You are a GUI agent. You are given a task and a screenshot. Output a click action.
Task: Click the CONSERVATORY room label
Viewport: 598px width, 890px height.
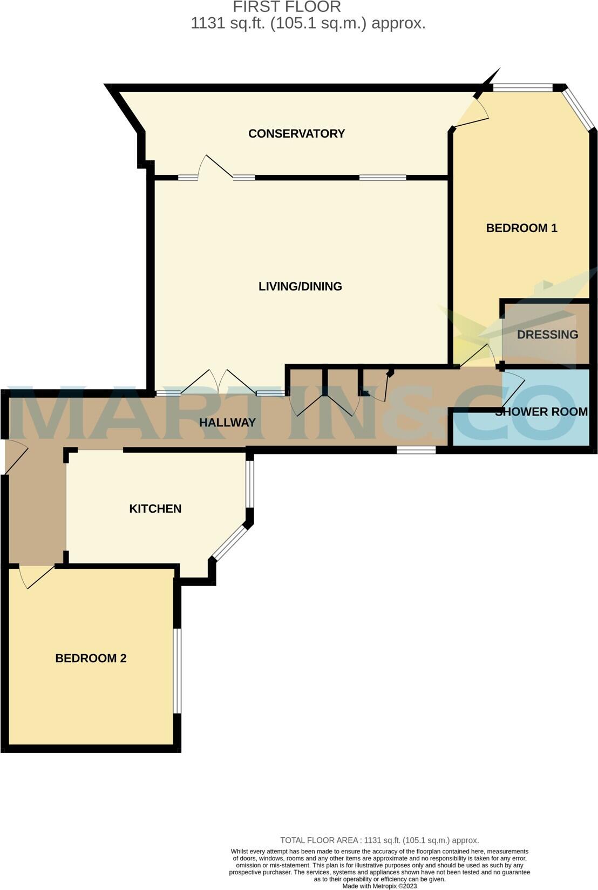pos(296,133)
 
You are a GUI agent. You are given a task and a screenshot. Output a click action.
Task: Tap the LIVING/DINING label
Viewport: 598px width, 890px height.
pos(300,287)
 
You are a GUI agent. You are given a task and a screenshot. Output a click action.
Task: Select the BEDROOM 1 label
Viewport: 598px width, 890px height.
pos(521,228)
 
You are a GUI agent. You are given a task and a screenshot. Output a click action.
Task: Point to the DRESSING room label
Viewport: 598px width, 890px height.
pos(547,335)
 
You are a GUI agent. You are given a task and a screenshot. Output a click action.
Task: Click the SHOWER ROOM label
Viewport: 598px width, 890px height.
pos(541,412)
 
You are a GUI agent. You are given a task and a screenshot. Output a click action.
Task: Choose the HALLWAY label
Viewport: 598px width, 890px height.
pos(227,423)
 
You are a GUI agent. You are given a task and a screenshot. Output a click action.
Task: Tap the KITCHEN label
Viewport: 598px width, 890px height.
pos(155,508)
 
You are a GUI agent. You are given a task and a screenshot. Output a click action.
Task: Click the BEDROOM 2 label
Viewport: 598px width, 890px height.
pos(91,658)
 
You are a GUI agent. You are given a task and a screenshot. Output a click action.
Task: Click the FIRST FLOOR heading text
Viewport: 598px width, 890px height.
pos(287,7)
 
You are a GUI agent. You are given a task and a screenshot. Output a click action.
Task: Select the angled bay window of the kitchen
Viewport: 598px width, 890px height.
pos(229,543)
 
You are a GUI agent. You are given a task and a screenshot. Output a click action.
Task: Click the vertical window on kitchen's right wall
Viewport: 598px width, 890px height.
pos(249,484)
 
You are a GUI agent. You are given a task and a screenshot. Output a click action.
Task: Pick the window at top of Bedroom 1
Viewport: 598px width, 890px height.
pos(522,87)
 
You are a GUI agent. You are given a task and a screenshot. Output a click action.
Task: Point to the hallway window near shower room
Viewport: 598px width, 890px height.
pos(416,449)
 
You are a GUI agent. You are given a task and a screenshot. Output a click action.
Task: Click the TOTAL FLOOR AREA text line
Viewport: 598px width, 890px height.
pos(379,840)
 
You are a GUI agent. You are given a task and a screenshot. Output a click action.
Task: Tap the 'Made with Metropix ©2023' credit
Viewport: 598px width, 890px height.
pos(379,886)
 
